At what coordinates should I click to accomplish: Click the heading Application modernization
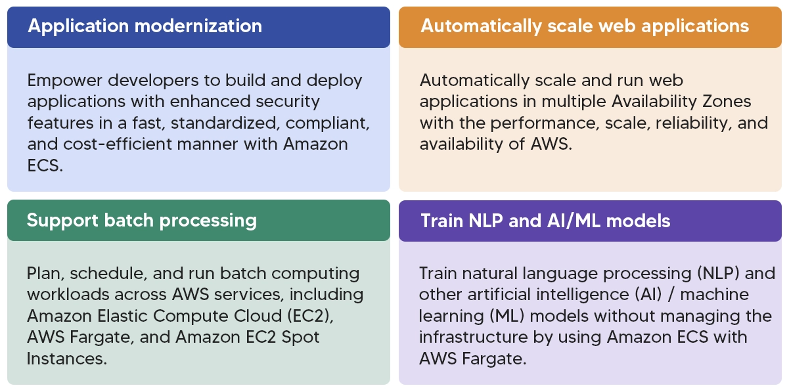click(145, 26)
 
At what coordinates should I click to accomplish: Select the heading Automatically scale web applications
click(585, 26)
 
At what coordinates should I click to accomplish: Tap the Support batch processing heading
click(142, 221)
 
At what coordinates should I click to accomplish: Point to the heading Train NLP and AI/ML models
click(545, 221)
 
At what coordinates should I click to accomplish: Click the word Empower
click(64, 81)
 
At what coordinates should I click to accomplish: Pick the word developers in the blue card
click(153, 81)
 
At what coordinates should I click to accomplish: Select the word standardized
click(225, 123)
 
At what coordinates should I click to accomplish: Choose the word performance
click(545, 123)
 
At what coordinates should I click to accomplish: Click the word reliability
click(691, 123)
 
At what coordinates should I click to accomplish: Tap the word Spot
click(300, 338)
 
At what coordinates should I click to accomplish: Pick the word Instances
click(66, 359)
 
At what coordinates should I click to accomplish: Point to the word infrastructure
click(474, 337)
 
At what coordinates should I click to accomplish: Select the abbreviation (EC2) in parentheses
click(310, 316)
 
